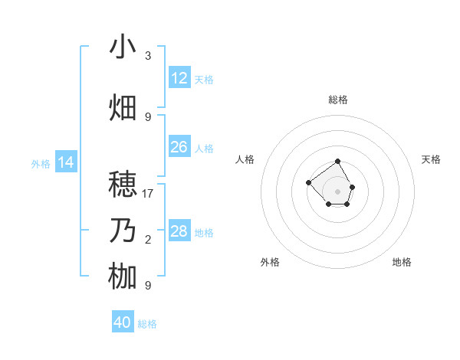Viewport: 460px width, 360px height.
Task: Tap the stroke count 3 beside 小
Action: click(x=148, y=56)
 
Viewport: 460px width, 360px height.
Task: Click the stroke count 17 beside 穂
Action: click(x=148, y=194)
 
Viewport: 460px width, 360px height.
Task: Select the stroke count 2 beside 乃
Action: click(x=148, y=240)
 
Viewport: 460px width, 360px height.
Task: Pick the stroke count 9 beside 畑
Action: click(x=148, y=117)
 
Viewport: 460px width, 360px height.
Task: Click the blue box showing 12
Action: click(x=179, y=78)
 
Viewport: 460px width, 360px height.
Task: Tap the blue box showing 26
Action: click(x=179, y=147)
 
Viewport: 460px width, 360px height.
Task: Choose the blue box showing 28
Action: click(x=179, y=231)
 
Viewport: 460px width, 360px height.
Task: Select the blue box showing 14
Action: click(x=66, y=162)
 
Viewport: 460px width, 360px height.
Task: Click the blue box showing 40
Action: click(x=123, y=322)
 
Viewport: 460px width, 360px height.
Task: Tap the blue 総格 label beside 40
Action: click(x=147, y=324)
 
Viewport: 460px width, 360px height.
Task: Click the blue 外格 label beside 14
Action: click(x=41, y=163)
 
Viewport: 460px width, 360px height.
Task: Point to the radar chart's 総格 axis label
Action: click(x=338, y=100)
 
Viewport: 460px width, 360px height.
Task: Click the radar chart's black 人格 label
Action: click(x=245, y=159)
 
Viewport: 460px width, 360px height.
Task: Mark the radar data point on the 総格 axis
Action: click(x=338, y=162)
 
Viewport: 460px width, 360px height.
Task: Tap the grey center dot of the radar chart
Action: click(x=338, y=191)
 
